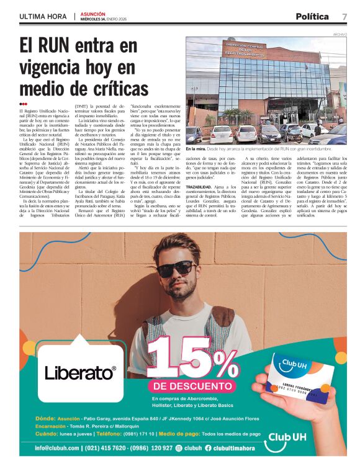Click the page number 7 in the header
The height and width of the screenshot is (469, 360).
[x=344, y=16]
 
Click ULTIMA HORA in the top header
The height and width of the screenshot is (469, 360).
[x=43, y=16]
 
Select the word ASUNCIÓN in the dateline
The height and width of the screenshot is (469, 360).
[x=93, y=13]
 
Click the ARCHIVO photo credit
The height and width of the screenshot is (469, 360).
[x=340, y=34]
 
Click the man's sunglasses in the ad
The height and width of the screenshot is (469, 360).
[x=173, y=267]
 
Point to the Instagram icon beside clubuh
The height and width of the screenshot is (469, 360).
[x=179, y=448]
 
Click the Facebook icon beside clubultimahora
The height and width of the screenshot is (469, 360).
[x=208, y=448]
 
